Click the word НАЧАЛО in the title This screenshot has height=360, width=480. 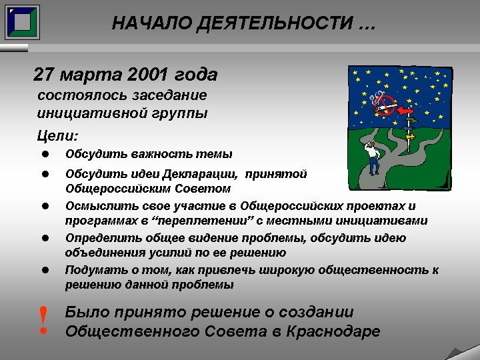[152, 23]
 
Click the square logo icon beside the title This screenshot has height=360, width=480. [23, 22]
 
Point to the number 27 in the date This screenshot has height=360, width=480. [44, 75]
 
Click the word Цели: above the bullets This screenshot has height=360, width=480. [57, 135]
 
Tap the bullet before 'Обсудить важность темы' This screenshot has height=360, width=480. [45, 154]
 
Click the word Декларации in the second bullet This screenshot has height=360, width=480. [200, 174]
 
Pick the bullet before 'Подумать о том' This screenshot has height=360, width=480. [45, 270]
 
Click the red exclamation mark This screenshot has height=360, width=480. [43, 320]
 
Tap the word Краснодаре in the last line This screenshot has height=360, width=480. [333, 331]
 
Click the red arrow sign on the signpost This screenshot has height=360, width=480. [405, 111]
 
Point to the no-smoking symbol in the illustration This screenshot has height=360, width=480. [384, 105]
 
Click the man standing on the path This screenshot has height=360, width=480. [373, 157]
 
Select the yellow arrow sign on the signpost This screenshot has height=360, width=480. [410, 137]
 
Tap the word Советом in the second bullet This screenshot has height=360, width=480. [203, 189]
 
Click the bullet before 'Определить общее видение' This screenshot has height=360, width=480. [45, 238]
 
